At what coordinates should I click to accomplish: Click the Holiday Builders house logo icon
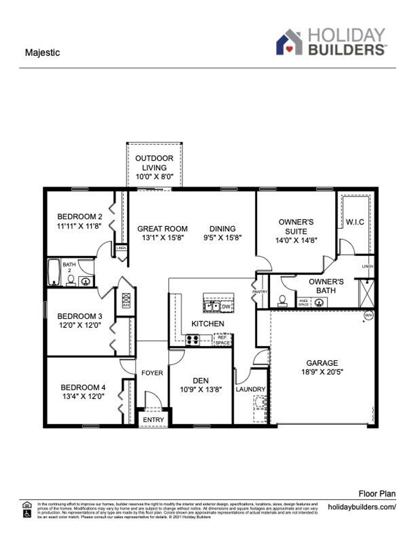click(x=289, y=42)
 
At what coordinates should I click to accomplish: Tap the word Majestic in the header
click(x=42, y=53)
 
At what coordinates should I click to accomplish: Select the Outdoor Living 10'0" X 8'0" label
click(x=154, y=167)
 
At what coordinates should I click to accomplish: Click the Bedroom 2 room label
click(x=79, y=217)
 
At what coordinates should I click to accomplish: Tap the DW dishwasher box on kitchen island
click(x=226, y=307)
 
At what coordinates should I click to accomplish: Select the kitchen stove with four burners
click(x=192, y=340)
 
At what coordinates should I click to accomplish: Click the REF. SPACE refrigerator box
click(x=222, y=340)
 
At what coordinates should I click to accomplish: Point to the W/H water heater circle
click(x=368, y=315)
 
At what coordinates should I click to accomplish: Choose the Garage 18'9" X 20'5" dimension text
click(x=322, y=372)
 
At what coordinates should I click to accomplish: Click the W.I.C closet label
click(x=355, y=222)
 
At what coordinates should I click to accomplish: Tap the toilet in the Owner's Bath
click(x=282, y=300)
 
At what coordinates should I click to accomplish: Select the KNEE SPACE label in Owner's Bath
click(x=304, y=302)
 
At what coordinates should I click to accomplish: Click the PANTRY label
click(x=259, y=292)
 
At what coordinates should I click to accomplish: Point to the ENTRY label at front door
click(x=153, y=420)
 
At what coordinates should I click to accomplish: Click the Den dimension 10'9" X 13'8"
click(x=201, y=390)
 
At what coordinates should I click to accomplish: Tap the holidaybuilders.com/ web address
click(x=362, y=507)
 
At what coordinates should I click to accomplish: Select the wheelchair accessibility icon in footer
click(x=27, y=513)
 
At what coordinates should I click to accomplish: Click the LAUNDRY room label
click(x=250, y=389)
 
